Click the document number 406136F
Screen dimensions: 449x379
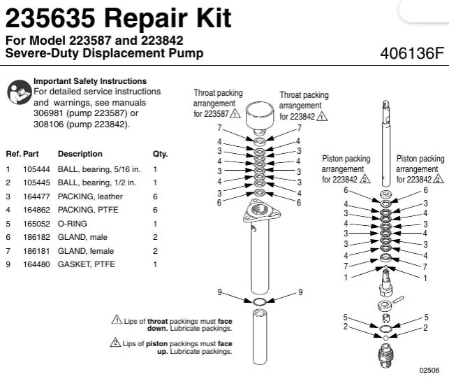tap(412, 53)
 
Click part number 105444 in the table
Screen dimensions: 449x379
tap(36, 169)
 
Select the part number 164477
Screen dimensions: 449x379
tap(36, 196)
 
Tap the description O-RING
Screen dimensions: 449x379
tap(72, 224)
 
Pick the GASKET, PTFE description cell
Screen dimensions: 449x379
tap(86, 264)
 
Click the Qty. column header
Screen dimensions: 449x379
tap(160, 154)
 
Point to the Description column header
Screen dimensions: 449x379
tap(80, 154)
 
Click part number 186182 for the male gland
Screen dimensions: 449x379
tap(36, 237)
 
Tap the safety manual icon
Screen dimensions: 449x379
tap(19, 92)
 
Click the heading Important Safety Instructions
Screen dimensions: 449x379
tap(90, 81)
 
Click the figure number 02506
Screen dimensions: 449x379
tap(429, 370)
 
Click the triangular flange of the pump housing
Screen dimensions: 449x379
tap(261, 212)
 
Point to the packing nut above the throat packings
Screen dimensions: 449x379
tap(260, 117)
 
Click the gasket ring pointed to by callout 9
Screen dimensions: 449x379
tap(260, 301)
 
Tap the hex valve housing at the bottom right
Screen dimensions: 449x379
tap(385, 356)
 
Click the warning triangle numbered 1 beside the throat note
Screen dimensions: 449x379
tap(117, 320)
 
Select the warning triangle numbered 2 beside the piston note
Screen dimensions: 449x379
tap(115, 342)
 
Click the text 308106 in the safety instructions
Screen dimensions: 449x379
tap(49, 124)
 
